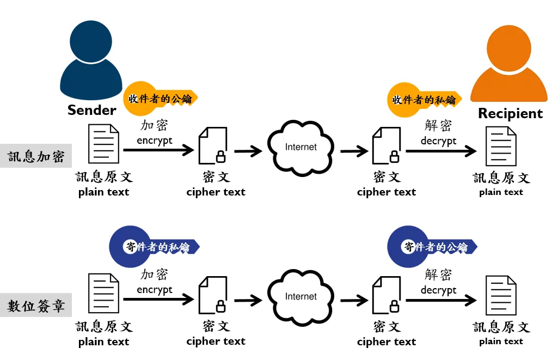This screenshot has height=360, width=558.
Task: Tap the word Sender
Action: click(92, 110)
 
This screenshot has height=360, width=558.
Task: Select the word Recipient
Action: click(510, 113)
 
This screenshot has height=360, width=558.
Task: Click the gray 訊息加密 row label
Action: click(36, 157)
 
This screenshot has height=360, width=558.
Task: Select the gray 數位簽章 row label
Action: click(36, 306)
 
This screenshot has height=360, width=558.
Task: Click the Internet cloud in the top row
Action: click(301, 148)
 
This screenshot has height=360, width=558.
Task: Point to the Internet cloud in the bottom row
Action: click(301, 297)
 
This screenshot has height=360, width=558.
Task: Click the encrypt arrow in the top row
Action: click(158, 150)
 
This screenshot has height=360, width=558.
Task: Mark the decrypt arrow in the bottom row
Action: click(441, 300)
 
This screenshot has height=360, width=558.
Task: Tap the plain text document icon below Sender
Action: click(103, 144)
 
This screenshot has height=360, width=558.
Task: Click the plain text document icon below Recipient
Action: click(501, 147)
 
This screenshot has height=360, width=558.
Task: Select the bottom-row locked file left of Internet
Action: click(213, 296)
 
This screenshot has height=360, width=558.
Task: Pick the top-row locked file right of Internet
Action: click(386, 147)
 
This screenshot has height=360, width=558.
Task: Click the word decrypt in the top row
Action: click(438, 141)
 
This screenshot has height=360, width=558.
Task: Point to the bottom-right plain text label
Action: click(501, 341)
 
